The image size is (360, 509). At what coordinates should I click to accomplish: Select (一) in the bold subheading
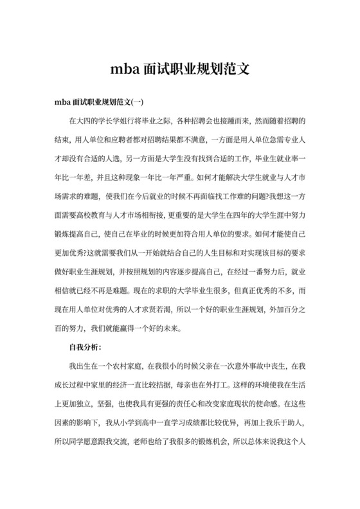138,102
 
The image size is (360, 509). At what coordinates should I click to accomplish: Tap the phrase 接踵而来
234,120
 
